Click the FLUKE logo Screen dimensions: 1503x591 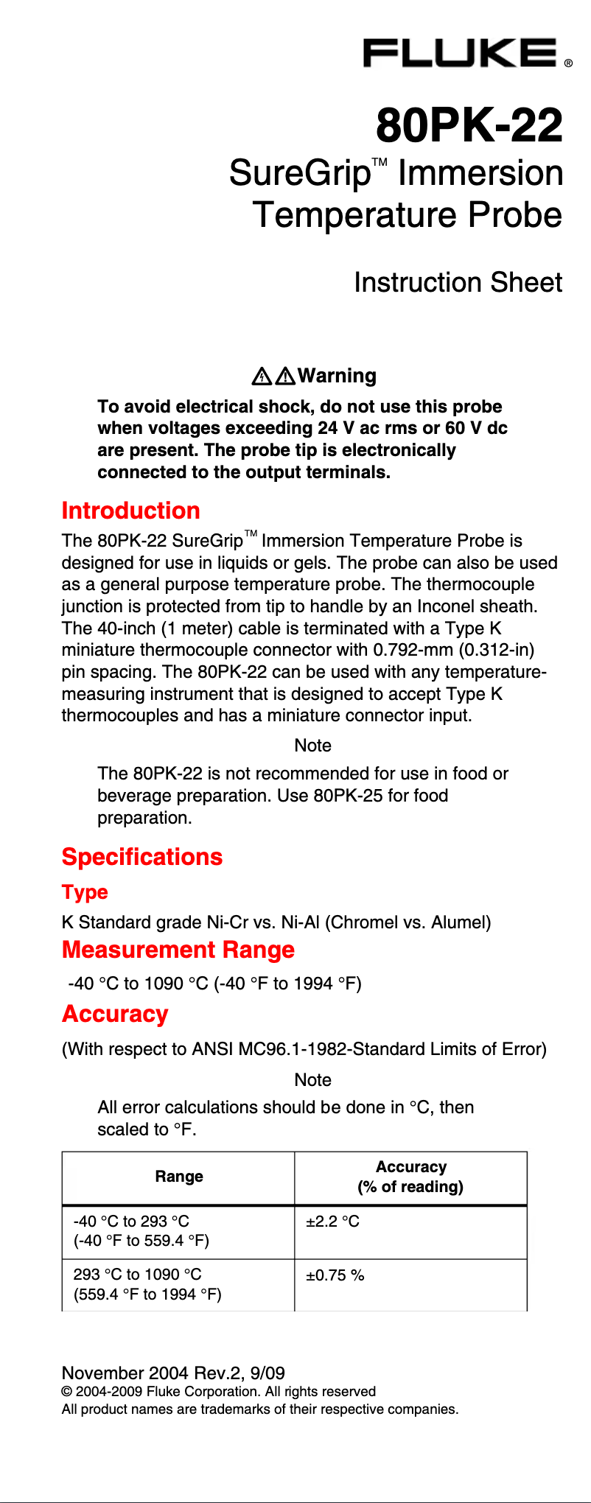461,54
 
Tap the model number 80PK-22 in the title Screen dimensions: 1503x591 469,125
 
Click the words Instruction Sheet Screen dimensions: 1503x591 458,282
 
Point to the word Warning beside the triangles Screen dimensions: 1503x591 337,376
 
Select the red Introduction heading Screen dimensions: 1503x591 131,511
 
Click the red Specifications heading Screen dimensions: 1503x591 142,857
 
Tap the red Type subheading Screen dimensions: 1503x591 85,892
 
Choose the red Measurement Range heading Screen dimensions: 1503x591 178,950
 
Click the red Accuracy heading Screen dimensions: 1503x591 115,1014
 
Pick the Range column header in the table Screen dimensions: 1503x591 179,1177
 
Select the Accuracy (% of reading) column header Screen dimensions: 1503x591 410,1177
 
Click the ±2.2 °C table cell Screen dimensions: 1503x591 333,1222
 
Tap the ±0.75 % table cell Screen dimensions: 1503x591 335,1275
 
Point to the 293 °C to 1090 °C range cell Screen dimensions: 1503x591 147,1284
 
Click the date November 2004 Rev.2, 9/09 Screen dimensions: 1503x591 173,1373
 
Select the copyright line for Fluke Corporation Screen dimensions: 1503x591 219,1391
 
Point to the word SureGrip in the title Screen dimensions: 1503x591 300,174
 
